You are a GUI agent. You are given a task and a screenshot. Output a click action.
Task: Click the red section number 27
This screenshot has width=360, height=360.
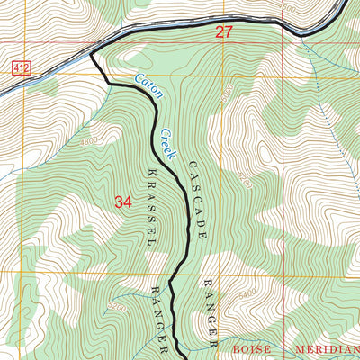tap(224, 32)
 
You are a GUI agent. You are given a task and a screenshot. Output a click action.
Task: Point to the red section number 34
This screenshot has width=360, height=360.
tap(123, 202)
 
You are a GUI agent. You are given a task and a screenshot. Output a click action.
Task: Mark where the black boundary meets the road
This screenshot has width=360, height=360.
tap(92, 57)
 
